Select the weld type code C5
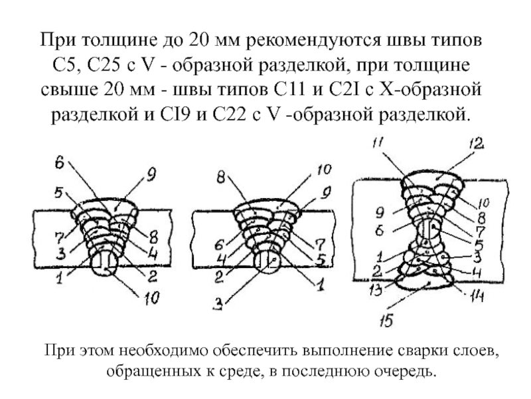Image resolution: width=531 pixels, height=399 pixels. click(67, 67)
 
